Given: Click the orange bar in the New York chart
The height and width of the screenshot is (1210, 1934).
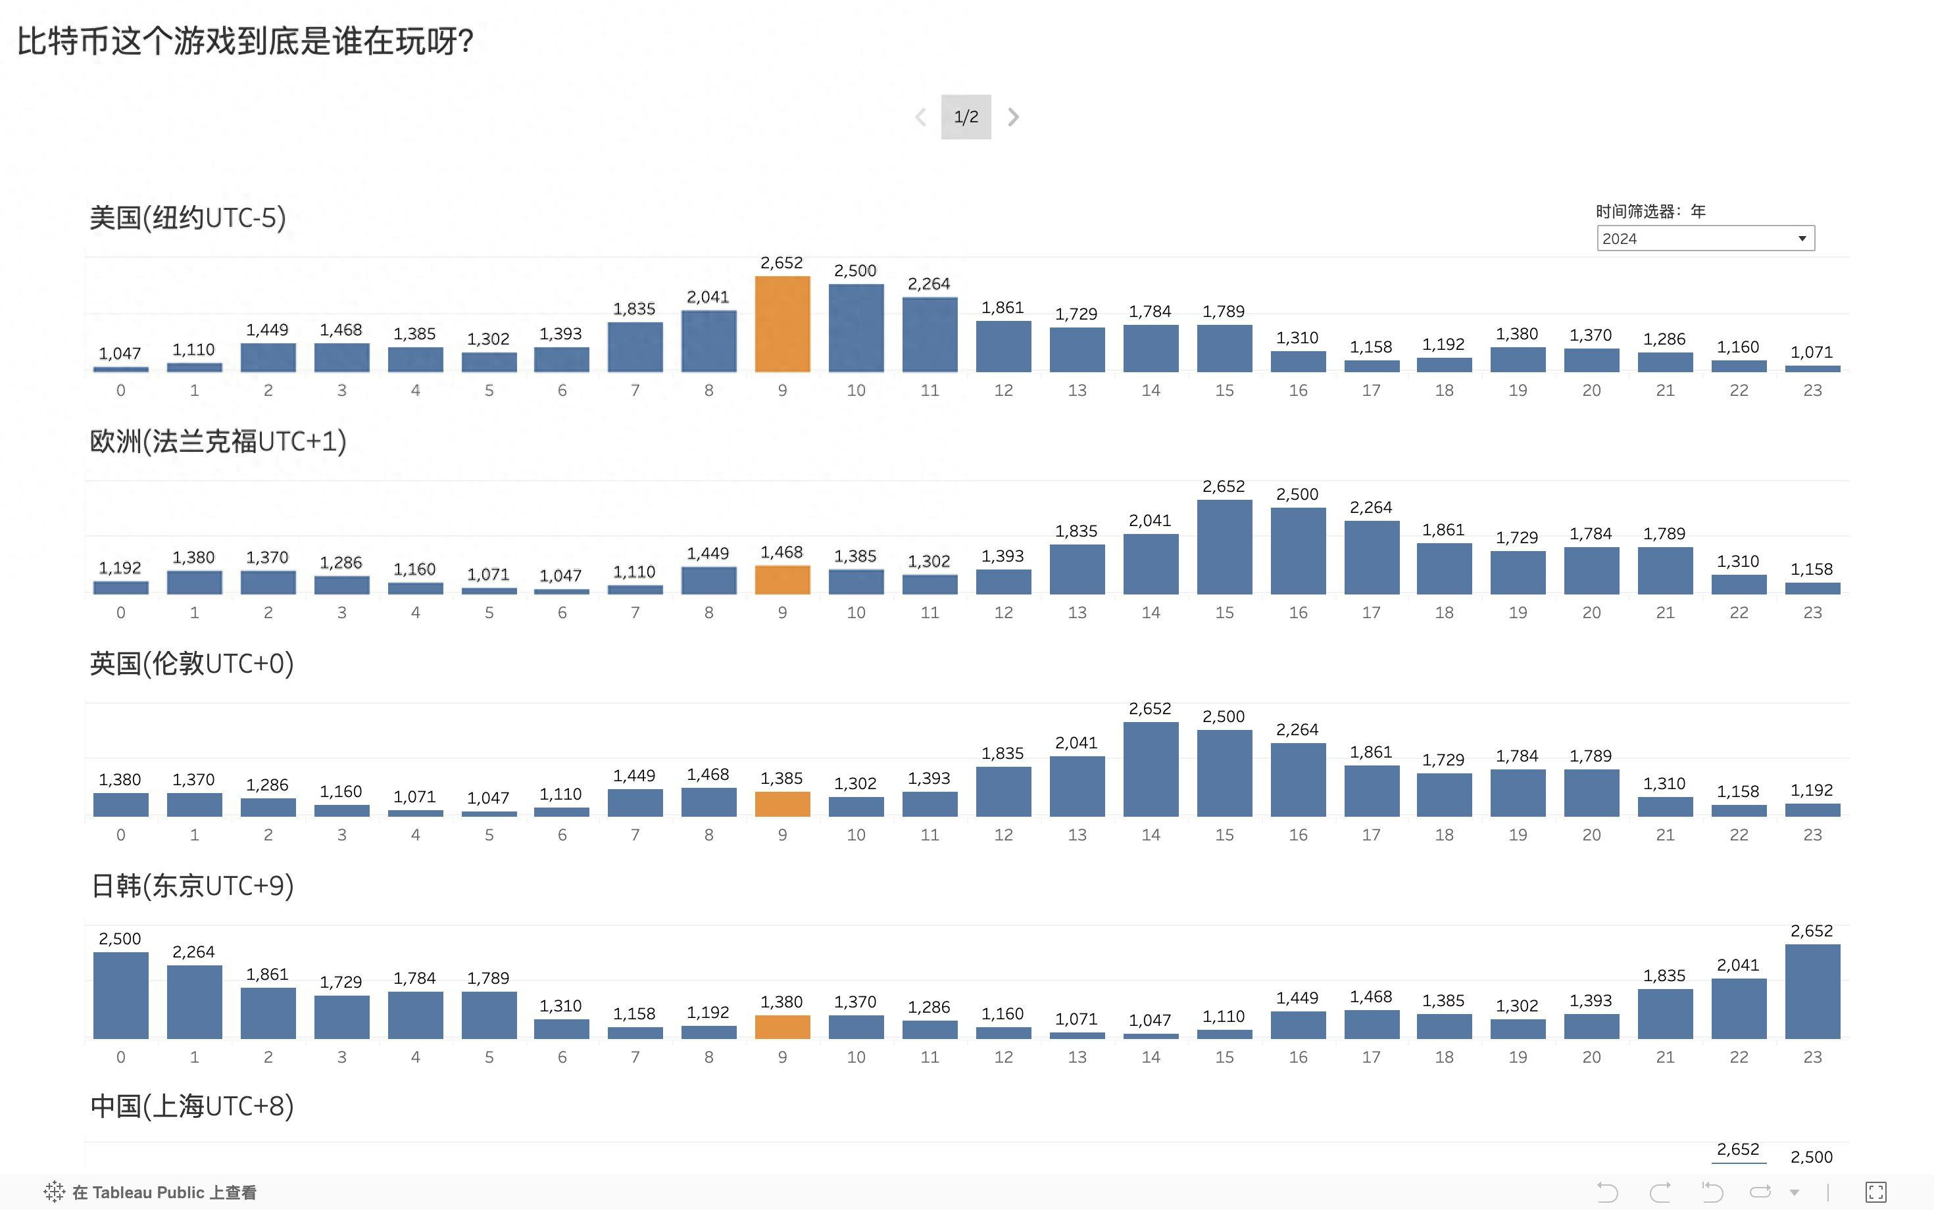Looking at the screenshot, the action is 782,324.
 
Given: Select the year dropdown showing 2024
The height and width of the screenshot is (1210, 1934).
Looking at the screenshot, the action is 1705,239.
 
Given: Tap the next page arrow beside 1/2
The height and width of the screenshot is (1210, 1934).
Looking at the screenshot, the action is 1014,117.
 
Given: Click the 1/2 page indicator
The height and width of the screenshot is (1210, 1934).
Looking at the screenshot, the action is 966,117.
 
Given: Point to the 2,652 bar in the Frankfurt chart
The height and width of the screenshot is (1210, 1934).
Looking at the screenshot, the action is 1224,547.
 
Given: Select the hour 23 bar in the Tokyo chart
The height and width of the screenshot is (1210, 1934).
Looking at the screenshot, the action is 1812,992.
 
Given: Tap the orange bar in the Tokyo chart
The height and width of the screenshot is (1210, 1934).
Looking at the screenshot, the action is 782,1027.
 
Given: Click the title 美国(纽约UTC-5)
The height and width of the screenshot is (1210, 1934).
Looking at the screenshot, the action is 187,218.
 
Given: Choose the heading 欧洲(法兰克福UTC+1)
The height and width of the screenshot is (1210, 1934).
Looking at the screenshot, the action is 218,441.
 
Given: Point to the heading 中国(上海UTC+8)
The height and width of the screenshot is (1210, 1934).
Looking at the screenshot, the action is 192,1106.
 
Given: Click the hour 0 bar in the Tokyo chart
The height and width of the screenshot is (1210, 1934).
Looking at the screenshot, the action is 121,996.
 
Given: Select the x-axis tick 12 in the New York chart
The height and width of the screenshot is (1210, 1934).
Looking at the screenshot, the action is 1003,391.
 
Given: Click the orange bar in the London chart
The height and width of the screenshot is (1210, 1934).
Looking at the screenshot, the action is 782,804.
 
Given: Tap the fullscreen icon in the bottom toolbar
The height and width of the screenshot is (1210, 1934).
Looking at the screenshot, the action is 1875,1192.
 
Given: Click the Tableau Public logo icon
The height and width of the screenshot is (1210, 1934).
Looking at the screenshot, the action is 55,1192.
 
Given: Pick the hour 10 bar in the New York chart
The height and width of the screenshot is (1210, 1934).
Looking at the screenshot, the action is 856,328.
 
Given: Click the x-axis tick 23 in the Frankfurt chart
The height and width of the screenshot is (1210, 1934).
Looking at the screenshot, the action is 1812,613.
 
